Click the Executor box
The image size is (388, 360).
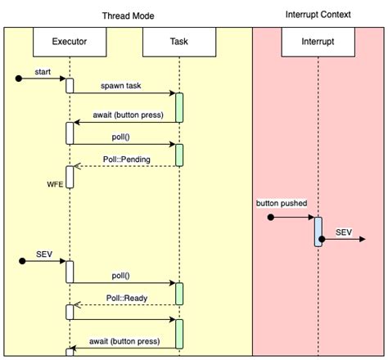tap(70, 41)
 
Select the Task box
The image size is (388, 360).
tap(178, 41)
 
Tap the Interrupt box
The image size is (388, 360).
tap(318, 41)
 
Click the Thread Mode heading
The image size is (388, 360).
tap(128, 16)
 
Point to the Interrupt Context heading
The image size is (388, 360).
tap(318, 15)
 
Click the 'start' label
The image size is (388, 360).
tap(43, 73)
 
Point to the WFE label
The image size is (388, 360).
tap(55, 185)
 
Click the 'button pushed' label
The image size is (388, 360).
tap(282, 201)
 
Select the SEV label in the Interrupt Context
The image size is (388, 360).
tap(344, 233)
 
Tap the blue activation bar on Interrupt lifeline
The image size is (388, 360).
tap(318, 231)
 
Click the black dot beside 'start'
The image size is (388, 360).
tap(19, 79)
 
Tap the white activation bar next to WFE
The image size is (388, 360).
tap(70, 176)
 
